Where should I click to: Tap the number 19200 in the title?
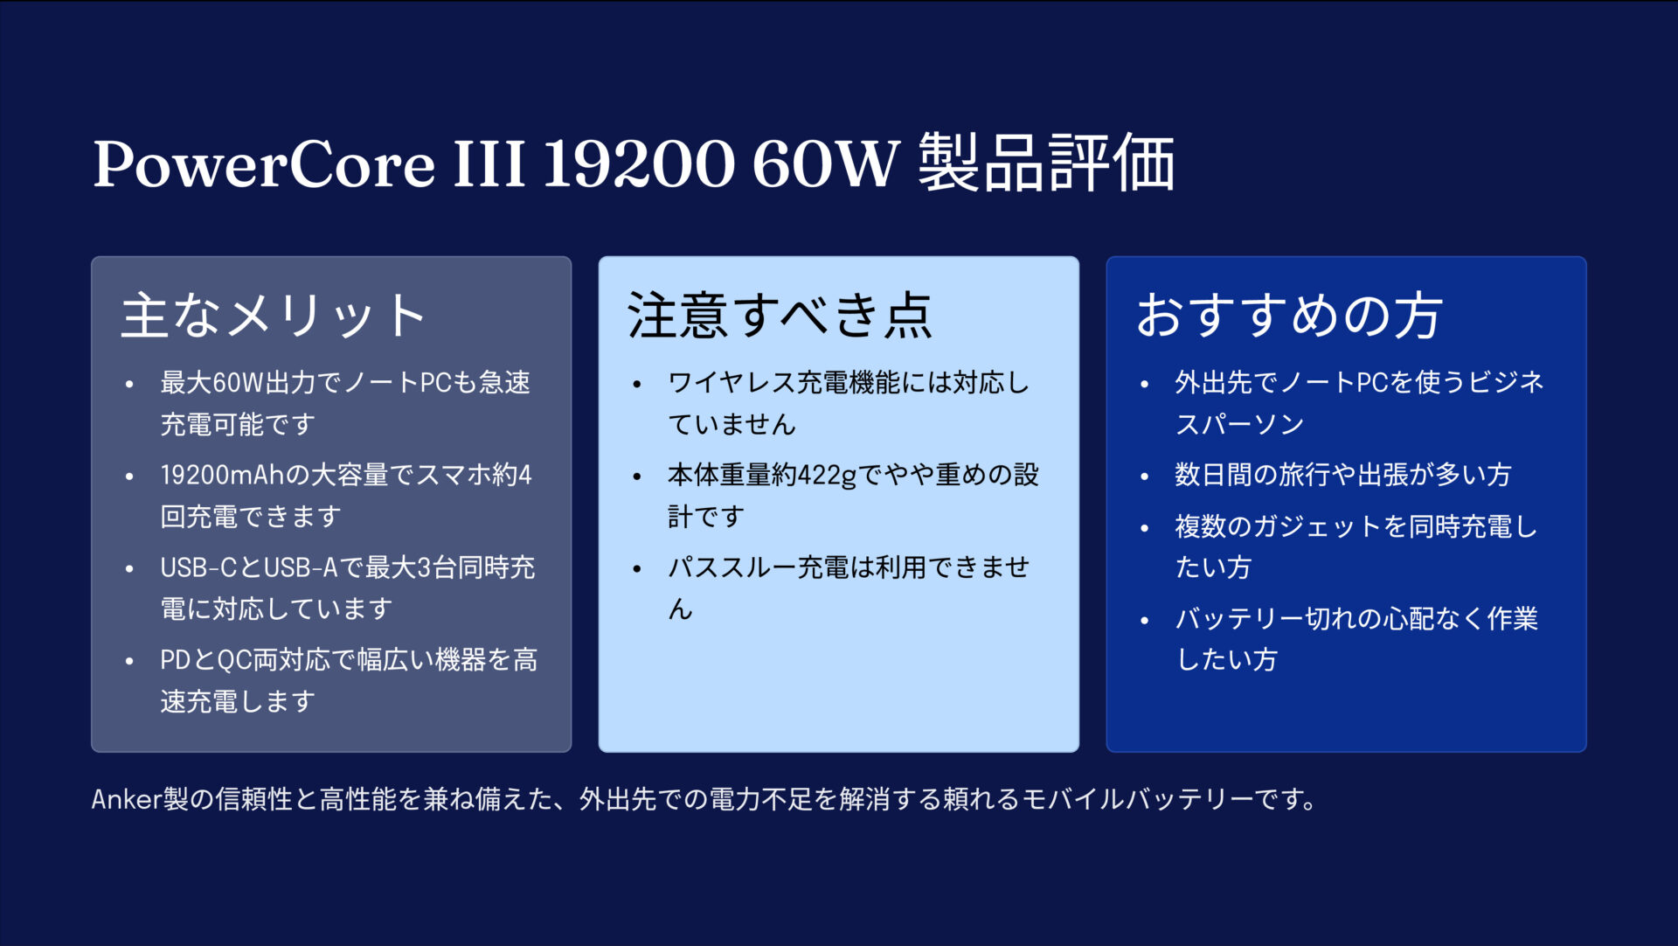[x=639, y=163]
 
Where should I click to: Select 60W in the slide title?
[x=825, y=163]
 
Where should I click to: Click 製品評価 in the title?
[x=1046, y=163]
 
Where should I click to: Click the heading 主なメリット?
[x=274, y=316]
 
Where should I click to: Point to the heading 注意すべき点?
[x=780, y=316]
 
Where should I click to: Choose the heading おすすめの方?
[x=1288, y=316]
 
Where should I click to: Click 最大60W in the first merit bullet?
[x=211, y=383]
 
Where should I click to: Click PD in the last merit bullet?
[x=175, y=660]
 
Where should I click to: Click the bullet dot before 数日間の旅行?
[x=1145, y=476]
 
